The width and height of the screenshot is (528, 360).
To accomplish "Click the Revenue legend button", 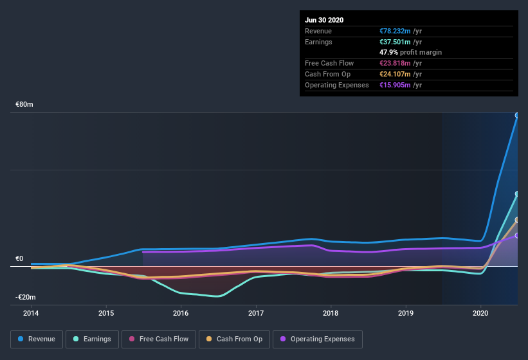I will coord(37,339).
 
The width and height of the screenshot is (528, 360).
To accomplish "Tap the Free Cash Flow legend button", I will coord(158,339).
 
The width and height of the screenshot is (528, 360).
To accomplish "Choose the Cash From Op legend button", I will coord(235,339).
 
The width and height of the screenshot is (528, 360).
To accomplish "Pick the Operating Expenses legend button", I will coord(318,339).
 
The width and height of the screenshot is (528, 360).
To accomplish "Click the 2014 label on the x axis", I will coord(31,313).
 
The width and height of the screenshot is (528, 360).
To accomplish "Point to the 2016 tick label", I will coord(181,313).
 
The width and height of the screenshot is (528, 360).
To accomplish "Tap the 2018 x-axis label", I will coord(331,313).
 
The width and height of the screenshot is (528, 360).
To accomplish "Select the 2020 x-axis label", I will coord(481,313).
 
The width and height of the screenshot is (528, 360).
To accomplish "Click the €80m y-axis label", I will coord(25,104).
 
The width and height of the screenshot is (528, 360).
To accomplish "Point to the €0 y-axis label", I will coord(19,258).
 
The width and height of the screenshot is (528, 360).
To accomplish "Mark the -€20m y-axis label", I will coord(26,297).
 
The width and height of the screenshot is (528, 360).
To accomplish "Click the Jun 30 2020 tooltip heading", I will coord(324,20).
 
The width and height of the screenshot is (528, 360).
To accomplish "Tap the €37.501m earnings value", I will coord(397,42).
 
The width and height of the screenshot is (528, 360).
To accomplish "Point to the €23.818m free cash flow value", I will coord(397,63).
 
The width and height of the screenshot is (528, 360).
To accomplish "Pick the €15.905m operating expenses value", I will coord(397,85).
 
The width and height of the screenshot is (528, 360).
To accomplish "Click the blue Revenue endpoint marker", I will coord(517,116).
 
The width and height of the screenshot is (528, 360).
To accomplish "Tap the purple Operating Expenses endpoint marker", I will coord(517,235).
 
